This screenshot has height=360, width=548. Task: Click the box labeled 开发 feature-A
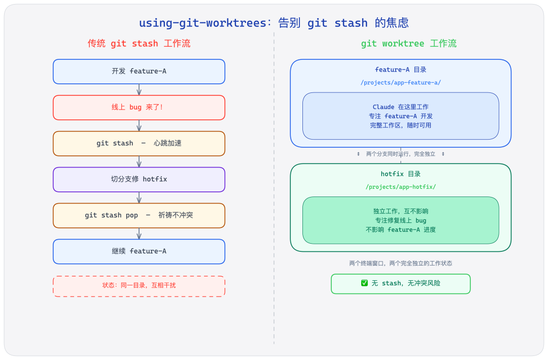139,72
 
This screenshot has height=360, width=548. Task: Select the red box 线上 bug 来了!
139,108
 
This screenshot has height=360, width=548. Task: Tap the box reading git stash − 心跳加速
139,144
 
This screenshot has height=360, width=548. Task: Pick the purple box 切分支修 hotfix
139,180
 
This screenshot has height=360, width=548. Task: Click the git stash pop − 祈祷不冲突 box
139,216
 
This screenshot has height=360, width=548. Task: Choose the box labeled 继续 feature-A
139,252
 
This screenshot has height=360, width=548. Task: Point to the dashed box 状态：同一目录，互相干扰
139,286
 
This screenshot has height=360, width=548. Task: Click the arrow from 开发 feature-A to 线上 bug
139,90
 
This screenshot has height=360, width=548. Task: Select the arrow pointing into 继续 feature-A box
139,234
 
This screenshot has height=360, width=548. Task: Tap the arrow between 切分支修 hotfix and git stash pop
139,198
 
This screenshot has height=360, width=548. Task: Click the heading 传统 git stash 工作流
139,44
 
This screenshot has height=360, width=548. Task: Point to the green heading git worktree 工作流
408,44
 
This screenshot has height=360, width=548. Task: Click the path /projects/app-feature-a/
400,83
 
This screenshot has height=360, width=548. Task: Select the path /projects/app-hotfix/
400,187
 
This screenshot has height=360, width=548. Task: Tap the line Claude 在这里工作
400,107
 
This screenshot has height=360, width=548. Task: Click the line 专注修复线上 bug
400,220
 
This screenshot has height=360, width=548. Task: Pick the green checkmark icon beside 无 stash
364,283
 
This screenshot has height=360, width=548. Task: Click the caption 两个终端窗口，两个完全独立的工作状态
400,264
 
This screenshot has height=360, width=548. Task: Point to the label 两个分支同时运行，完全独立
400,154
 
